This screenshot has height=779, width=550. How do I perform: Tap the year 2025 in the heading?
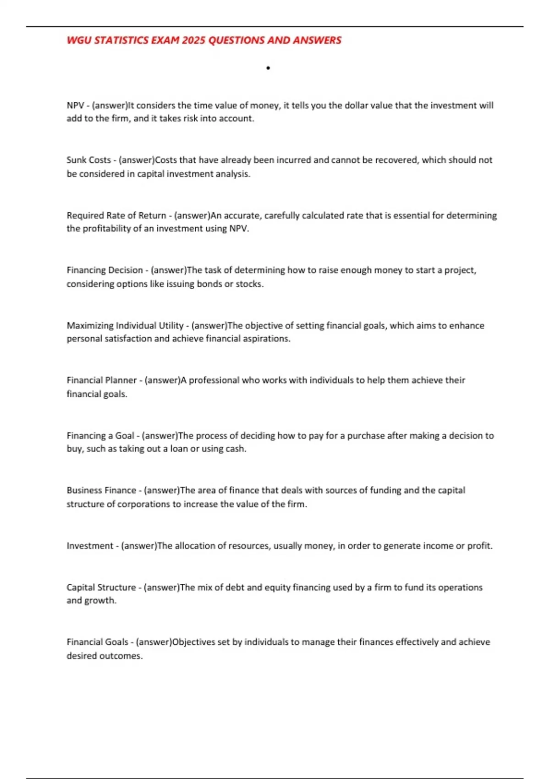point(193,40)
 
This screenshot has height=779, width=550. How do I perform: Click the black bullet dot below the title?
point(268,68)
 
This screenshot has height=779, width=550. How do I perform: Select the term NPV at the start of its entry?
point(75,105)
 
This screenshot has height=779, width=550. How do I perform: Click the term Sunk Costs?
point(88,160)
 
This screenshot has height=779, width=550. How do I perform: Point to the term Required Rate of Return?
point(116,215)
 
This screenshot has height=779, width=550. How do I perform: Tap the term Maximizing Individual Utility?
point(125,325)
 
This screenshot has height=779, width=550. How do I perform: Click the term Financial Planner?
point(101,380)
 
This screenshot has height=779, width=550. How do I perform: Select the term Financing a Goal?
point(100,435)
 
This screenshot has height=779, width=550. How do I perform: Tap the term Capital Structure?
point(101,587)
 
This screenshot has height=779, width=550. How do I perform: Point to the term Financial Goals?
point(97,642)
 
